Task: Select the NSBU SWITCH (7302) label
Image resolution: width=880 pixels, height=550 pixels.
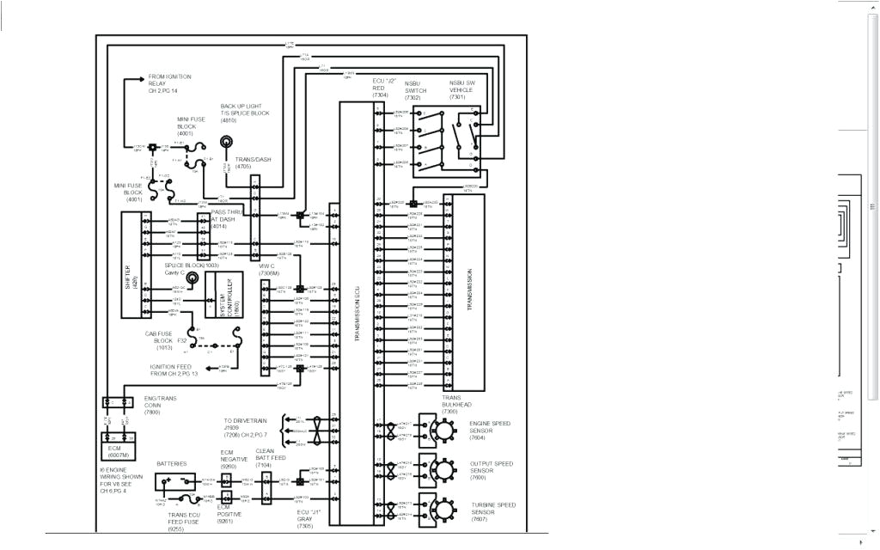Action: click(414, 90)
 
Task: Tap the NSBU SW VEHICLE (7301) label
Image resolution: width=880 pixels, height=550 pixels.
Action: click(461, 90)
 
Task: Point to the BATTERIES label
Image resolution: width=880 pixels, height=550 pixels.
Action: click(171, 464)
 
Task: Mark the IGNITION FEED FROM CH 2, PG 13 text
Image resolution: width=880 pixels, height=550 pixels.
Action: click(174, 370)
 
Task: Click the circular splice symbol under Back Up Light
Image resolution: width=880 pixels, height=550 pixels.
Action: click(226, 143)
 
